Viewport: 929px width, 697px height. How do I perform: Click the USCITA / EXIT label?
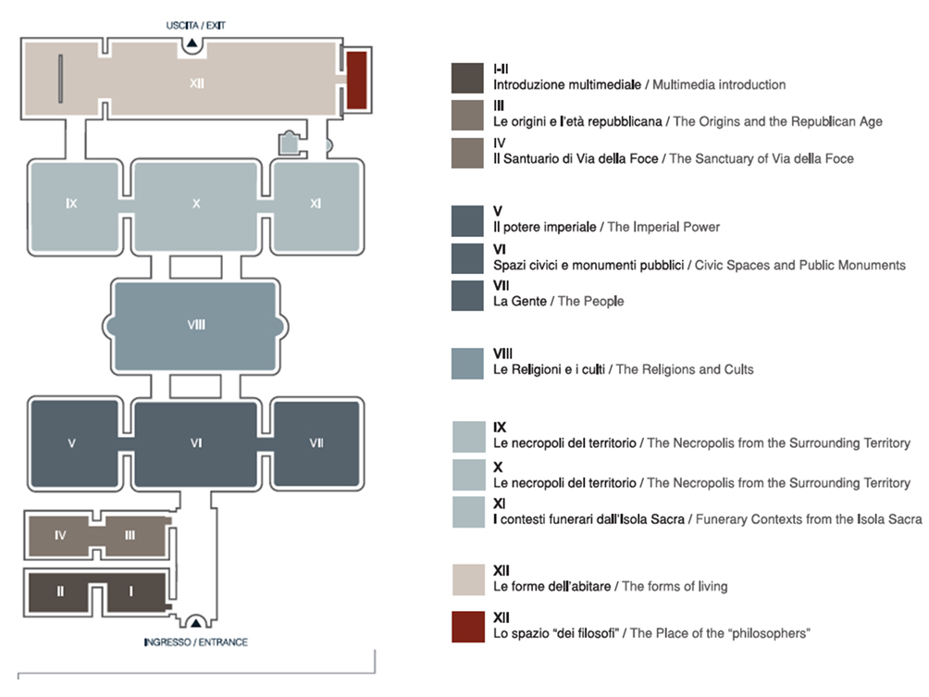195,26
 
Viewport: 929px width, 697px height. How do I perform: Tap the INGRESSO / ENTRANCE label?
196,641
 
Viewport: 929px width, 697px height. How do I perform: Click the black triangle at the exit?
192,44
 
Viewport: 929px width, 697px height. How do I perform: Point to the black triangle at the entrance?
195,623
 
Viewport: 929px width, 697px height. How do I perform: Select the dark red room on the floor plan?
356,80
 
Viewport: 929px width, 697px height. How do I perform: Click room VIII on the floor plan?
195,326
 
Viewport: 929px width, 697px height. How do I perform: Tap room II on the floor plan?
59,592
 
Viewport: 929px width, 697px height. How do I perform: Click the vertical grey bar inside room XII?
60,79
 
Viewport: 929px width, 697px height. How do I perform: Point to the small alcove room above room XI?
289,143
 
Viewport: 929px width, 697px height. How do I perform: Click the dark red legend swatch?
468,627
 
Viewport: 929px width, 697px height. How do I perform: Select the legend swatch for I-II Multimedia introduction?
467,79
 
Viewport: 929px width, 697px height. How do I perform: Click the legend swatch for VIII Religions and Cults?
467,364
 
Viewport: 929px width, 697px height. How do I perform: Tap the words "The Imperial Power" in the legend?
663,227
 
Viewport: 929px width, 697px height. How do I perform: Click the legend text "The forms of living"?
675,587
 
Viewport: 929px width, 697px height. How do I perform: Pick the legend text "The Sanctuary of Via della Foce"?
762,159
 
